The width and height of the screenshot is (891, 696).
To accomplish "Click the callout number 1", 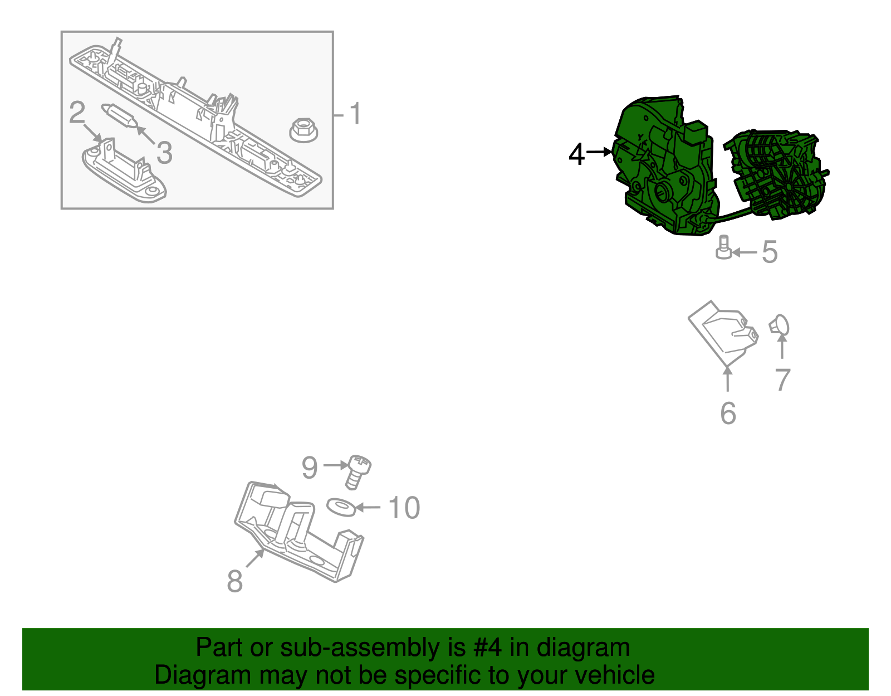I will (x=355, y=114).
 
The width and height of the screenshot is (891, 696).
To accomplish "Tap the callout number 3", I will (x=164, y=153).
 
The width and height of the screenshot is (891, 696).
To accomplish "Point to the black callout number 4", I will (x=576, y=154).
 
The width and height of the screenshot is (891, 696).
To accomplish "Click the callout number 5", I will (x=769, y=252).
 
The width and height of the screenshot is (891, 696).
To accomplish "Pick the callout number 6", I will (x=728, y=413).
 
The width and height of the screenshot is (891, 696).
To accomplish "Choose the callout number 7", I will (x=782, y=381).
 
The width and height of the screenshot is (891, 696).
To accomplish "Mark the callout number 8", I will (x=234, y=581).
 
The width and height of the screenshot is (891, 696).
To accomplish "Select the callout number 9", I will (x=310, y=468).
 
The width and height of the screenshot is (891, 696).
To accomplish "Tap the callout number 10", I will (x=404, y=508).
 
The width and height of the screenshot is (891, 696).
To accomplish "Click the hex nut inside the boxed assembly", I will (x=304, y=130).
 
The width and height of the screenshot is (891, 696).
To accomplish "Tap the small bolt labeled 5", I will (x=723, y=247).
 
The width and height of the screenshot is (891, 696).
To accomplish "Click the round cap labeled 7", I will (x=780, y=326).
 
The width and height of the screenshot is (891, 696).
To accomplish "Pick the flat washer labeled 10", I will (x=340, y=507).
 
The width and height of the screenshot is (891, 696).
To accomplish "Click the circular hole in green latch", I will (x=663, y=192).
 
